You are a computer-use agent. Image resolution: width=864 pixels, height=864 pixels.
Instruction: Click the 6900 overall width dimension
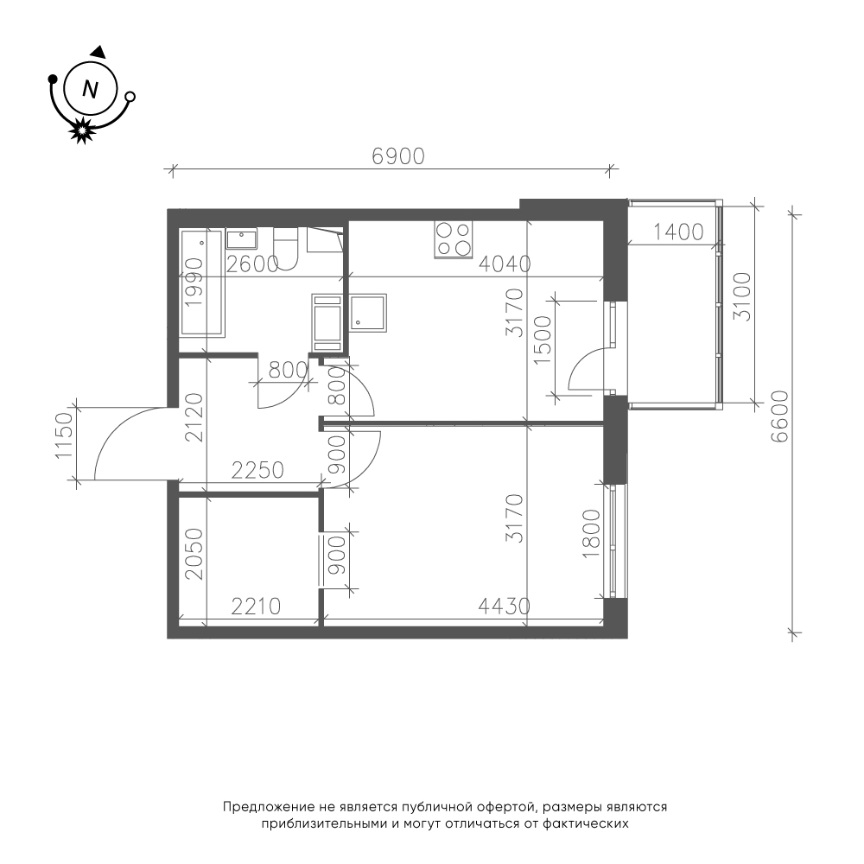[x=398, y=156]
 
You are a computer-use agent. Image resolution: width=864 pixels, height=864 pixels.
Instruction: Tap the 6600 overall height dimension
[x=780, y=417]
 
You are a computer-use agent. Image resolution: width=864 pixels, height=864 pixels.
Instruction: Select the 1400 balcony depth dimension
[x=678, y=232]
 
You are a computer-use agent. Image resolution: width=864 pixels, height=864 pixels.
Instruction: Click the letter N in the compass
[x=90, y=89]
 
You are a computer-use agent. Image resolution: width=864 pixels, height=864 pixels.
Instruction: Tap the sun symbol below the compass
[x=82, y=130]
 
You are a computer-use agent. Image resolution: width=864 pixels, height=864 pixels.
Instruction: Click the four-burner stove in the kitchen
[x=453, y=239]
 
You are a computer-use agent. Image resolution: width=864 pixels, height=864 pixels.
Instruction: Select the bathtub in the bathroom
[x=202, y=283]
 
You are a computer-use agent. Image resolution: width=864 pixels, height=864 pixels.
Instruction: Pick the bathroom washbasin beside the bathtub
[x=241, y=241]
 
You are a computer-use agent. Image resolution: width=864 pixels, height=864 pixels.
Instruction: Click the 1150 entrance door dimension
[x=63, y=435]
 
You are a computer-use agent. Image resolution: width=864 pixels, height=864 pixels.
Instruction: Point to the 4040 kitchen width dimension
[x=505, y=264]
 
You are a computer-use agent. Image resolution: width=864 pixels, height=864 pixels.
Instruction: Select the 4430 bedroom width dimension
[x=505, y=607]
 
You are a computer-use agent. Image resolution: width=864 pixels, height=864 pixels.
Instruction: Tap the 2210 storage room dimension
[x=256, y=607]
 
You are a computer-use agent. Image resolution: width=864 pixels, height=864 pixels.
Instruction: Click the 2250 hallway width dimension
[x=257, y=471]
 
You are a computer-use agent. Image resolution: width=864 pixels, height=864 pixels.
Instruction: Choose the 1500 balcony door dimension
[x=543, y=340]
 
